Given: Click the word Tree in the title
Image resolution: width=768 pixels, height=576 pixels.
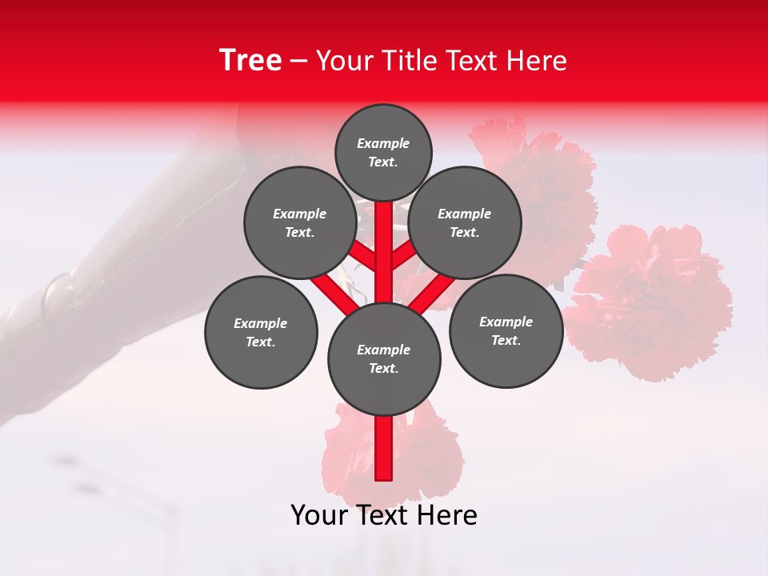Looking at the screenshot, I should (x=250, y=61).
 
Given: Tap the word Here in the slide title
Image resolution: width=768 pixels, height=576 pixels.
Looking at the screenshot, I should (x=536, y=61).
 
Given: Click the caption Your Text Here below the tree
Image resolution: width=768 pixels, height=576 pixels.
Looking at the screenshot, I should (x=384, y=515).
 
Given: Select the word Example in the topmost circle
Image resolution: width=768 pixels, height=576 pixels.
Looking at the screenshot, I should (x=383, y=143).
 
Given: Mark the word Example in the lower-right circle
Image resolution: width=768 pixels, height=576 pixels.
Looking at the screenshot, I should (x=506, y=322).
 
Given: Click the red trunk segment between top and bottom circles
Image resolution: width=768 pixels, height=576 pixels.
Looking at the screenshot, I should (x=384, y=252).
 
